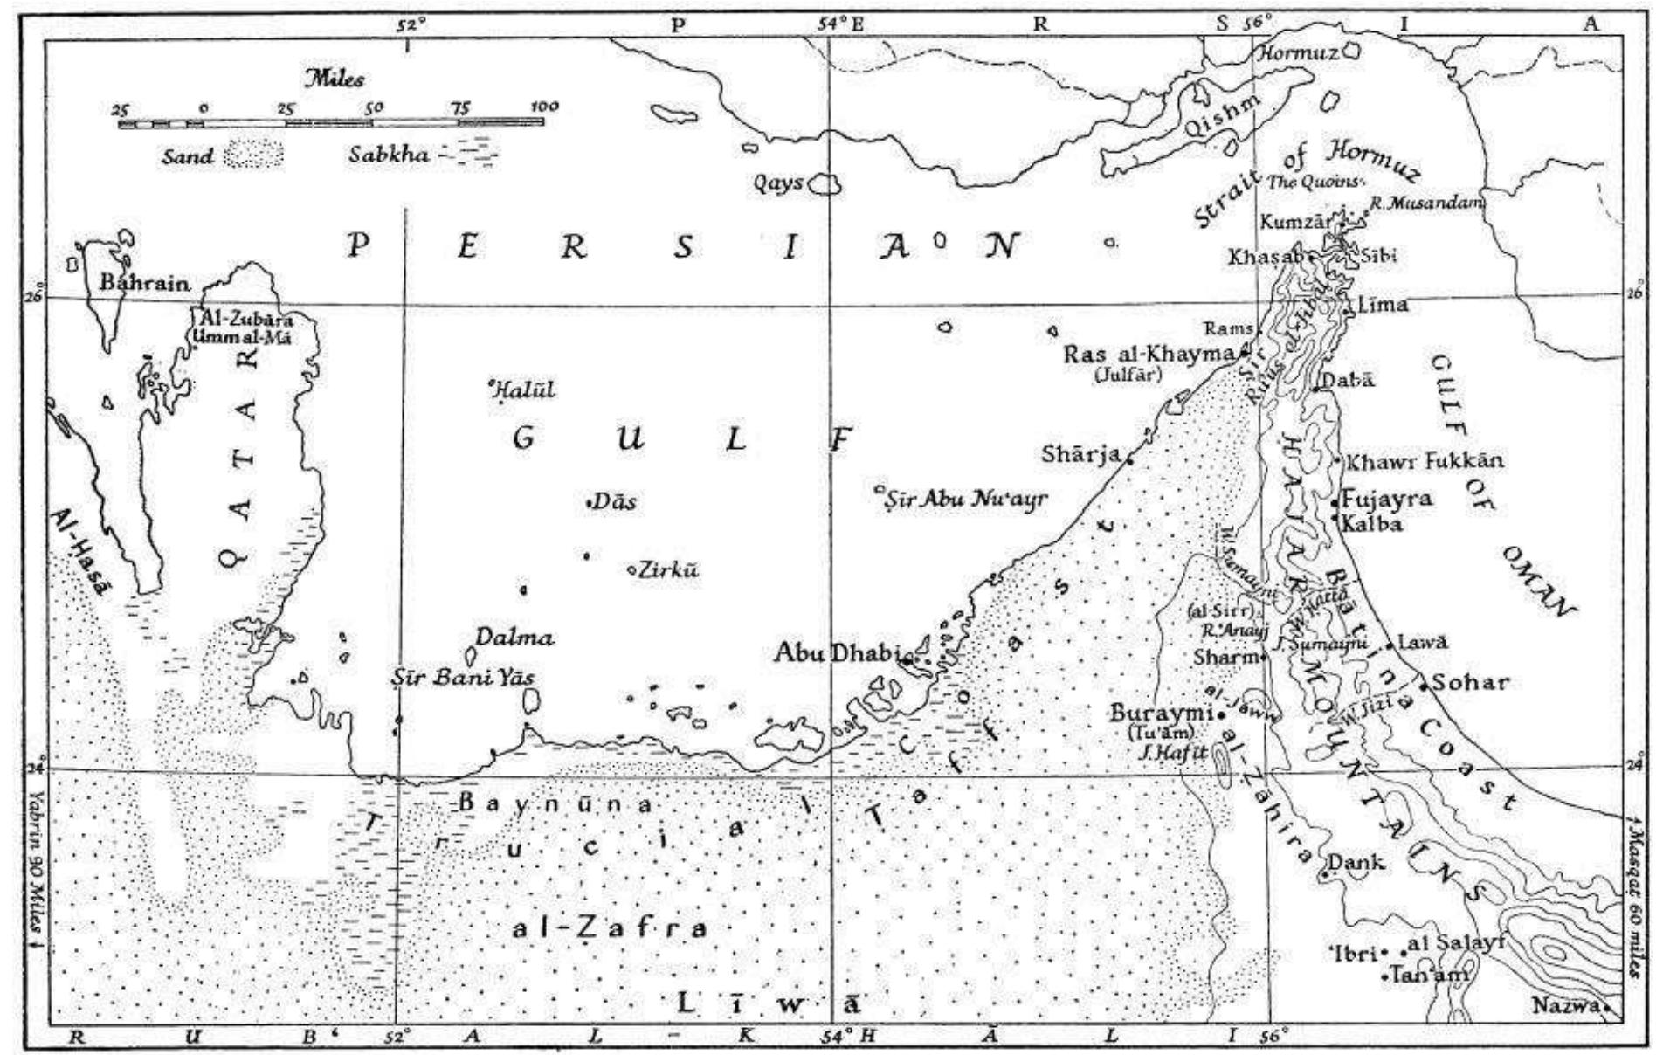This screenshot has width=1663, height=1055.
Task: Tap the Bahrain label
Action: click(144, 283)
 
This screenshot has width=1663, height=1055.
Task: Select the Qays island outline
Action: click(824, 184)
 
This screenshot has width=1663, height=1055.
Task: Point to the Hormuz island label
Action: click(1296, 52)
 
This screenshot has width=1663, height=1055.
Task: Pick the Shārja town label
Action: click(1080, 454)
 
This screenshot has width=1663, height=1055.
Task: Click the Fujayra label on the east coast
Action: click(1387, 499)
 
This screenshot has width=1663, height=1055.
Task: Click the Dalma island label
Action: click(514, 638)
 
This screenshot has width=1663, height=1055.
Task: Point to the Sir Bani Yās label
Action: click(463, 677)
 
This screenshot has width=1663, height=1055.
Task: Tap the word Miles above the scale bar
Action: click(334, 79)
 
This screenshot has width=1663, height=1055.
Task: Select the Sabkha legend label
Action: click(389, 155)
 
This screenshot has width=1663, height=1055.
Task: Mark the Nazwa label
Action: click(1566, 1006)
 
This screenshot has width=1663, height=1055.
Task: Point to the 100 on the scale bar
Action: click(543, 107)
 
